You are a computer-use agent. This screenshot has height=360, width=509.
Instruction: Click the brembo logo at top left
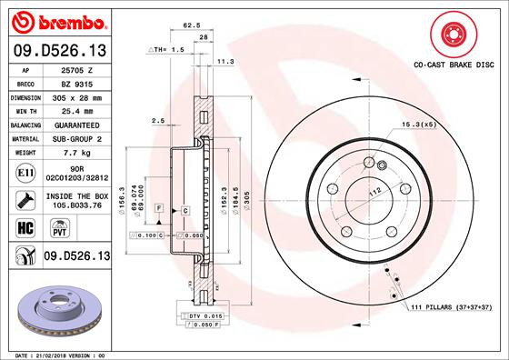click(x=55, y=20)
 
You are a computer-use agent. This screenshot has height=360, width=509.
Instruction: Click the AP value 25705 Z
click(x=77, y=69)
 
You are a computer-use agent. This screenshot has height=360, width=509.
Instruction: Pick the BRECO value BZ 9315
click(x=77, y=83)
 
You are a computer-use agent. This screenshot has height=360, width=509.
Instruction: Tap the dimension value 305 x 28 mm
click(x=77, y=96)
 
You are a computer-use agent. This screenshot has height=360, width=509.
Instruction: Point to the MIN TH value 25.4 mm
click(x=77, y=110)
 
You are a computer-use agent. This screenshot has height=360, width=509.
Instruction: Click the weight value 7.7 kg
click(x=77, y=155)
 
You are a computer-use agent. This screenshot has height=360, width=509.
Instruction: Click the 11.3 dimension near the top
click(x=226, y=61)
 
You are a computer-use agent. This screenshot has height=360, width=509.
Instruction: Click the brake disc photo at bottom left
click(x=55, y=308)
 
